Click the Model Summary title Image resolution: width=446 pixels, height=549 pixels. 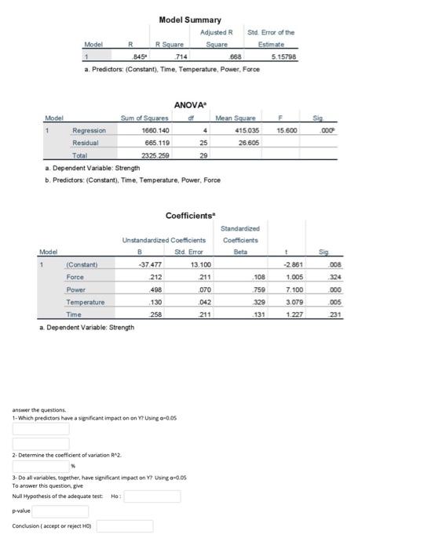[190, 20]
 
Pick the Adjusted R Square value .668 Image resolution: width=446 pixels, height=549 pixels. [234, 56]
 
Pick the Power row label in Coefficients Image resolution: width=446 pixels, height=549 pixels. [76, 289]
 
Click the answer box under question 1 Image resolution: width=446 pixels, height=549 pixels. [40, 429]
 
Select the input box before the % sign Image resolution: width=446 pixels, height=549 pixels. [40, 465]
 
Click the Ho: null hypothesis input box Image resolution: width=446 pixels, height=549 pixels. [152, 496]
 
